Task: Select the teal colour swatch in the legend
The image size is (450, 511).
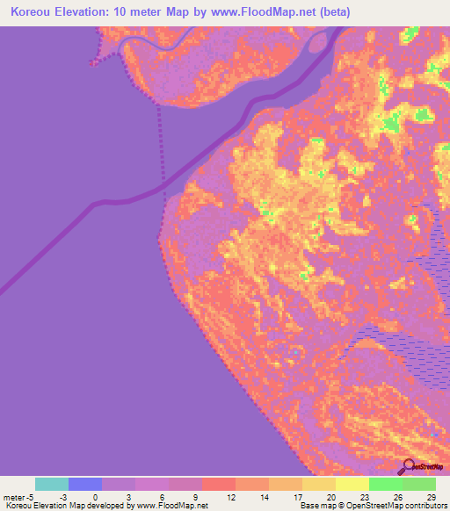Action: tap(52, 484)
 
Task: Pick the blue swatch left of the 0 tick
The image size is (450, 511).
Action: tap(85, 484)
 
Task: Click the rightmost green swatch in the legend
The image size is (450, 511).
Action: tap(419, 484)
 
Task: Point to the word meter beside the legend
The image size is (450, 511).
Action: tap(15, 497)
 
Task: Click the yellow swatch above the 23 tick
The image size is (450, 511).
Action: tap(352, 484)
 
